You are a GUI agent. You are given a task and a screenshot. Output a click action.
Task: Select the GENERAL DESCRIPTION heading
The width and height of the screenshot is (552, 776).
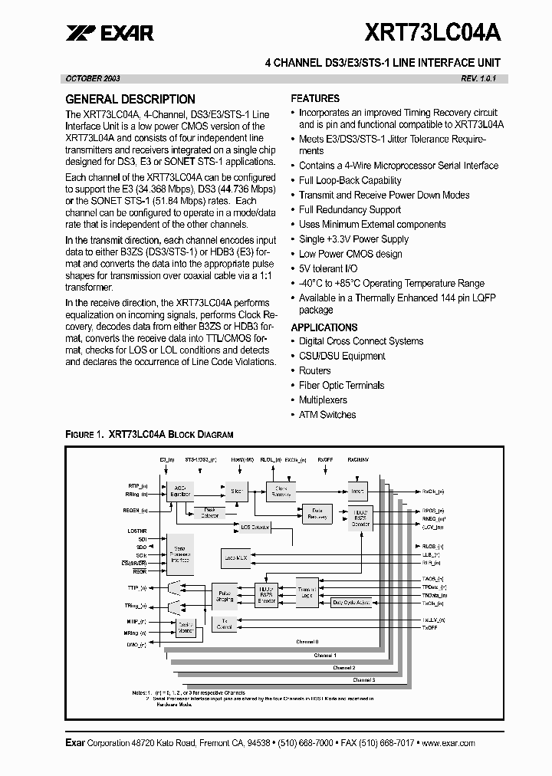point(130,99)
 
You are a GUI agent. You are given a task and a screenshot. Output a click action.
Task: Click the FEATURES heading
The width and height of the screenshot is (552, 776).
point(315,98)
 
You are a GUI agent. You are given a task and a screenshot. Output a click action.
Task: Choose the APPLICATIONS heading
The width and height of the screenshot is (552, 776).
point(324,327)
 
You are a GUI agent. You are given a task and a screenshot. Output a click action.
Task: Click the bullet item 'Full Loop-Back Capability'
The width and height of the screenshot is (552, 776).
point(350,180)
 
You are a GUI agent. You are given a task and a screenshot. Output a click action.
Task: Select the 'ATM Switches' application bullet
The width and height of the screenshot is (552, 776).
point(327,415)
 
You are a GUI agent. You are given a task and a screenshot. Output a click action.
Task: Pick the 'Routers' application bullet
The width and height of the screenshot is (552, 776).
point(314,370)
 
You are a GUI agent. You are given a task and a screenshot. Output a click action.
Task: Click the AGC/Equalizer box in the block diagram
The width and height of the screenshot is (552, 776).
point(181,492)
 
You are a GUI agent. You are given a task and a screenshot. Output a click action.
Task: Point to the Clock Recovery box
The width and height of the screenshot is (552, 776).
point(281,492)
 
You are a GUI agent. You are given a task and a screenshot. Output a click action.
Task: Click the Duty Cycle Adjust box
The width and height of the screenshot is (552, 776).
point(352,603)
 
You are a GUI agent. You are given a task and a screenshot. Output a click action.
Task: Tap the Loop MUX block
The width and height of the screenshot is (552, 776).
point(235,558)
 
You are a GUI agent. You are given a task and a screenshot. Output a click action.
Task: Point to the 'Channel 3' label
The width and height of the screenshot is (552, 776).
point(363,680)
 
